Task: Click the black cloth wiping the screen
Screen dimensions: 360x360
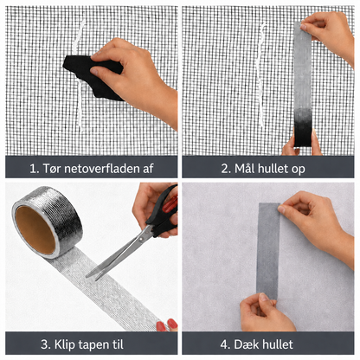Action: [x=93, y=76]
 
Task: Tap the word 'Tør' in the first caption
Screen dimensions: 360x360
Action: [x=52, y=169]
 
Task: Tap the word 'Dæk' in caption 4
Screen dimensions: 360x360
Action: [x=244, y=344]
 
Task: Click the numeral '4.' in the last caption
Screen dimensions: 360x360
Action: [x=225, y=344]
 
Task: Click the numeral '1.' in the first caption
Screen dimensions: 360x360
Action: [x=35, y=169]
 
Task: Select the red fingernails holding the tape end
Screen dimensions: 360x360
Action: [x=167, y=325]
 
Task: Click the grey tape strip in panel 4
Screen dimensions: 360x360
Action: [x=268, y=251]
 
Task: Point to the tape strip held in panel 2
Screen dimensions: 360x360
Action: [x=303, y=84]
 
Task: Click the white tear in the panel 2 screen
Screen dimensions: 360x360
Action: [x=261, y=75]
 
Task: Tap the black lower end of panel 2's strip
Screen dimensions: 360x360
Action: [x=303, y=128]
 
